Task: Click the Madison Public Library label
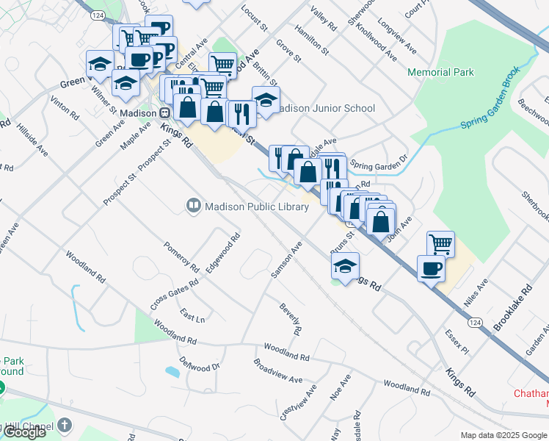[257, 207]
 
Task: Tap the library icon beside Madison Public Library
[194, 207]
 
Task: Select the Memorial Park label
[440, 73]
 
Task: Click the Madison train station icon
[164, 113]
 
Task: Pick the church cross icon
[65, 425]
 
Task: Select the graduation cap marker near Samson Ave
[345, 266]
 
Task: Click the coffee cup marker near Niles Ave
[430, 268]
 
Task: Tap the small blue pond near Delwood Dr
[172, 372]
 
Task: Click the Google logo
[24, 432]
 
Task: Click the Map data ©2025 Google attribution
[503, 435]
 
